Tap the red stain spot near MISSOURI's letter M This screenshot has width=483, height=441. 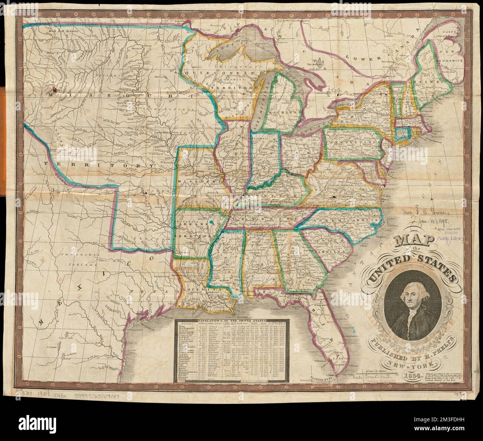coord(55,89)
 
